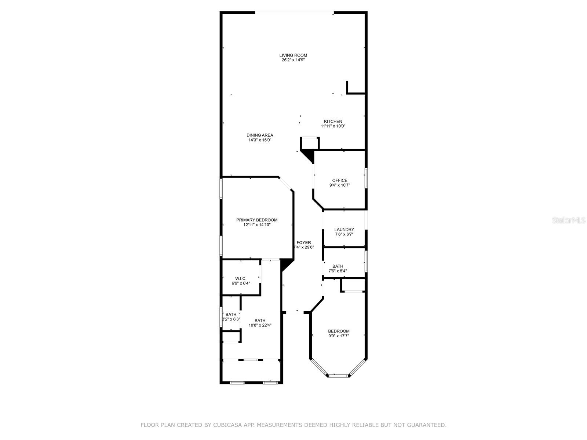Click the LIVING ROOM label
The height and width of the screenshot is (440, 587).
(x=293, y=55)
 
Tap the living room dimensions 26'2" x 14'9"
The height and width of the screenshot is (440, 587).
(x=293, y=60)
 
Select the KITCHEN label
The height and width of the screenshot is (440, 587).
(x=333, y=121)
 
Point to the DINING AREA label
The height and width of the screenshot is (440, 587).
(x=260, y=135)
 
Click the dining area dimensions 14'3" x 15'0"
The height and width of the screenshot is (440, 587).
(x=260, y=140)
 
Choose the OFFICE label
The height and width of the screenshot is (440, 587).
(x=340, y=180)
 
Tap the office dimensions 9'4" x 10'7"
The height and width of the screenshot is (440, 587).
(x=340, y=185)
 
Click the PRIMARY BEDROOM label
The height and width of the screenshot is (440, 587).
(x=257, y=220)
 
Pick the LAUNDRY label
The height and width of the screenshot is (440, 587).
(x=344, y=230)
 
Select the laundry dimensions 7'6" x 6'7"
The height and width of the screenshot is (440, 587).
(x=344, y=234)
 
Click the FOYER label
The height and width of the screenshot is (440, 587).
(x=303, y=243)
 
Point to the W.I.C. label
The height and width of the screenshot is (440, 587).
(x=241, y=278)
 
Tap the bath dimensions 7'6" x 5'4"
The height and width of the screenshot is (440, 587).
(x=338, y=271)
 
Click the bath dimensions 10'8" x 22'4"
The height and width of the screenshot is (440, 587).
(x=260, y=325)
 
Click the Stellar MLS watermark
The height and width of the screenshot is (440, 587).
(x=569, y=220)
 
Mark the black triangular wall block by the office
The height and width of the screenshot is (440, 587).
(x=307, y=156)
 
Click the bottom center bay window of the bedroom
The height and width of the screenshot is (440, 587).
(x=338, y=376)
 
